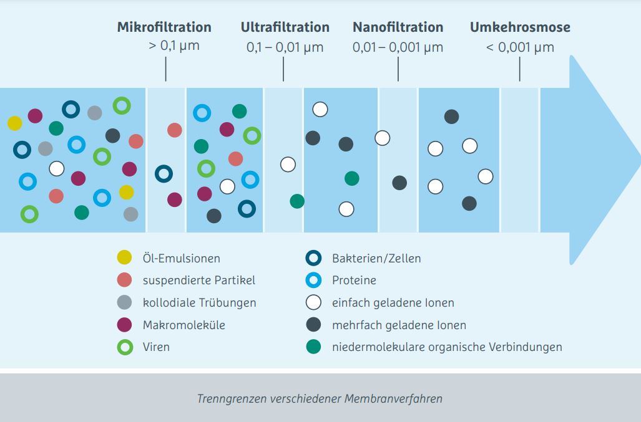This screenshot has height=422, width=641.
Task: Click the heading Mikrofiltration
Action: click(x=164, y=27)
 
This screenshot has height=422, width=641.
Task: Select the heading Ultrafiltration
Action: click(x=285, y=27)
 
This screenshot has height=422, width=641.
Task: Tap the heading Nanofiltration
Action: click(x=398, y=27)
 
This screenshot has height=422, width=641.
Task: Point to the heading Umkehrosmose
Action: click(x=520, y=27)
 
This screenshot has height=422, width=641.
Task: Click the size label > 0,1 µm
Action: click(x=174, y=46)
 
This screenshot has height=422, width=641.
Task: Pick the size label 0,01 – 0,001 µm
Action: click(x=398, y=47)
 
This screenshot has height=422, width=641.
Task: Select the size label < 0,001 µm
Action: click(x=520, y=47)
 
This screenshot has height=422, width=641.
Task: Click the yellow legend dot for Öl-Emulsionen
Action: click(x=124, y=257)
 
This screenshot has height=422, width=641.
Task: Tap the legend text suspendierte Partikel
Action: click(x=198, y=281)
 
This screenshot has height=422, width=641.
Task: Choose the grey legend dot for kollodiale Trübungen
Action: click(x=124, y=302)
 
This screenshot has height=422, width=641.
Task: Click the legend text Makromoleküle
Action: click(x=184, y=325)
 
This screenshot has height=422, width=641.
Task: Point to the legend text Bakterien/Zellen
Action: click(x=376, y=258)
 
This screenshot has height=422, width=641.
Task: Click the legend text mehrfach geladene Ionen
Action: click(x=399, y=325)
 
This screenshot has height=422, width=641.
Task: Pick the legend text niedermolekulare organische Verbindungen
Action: click(x=447, y=347)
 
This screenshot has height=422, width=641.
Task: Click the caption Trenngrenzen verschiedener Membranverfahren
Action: click(x=320, y=398)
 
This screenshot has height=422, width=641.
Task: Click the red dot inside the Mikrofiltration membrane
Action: click(x=175, y=130)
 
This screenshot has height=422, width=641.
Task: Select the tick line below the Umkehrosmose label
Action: click(x=519, y=69)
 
